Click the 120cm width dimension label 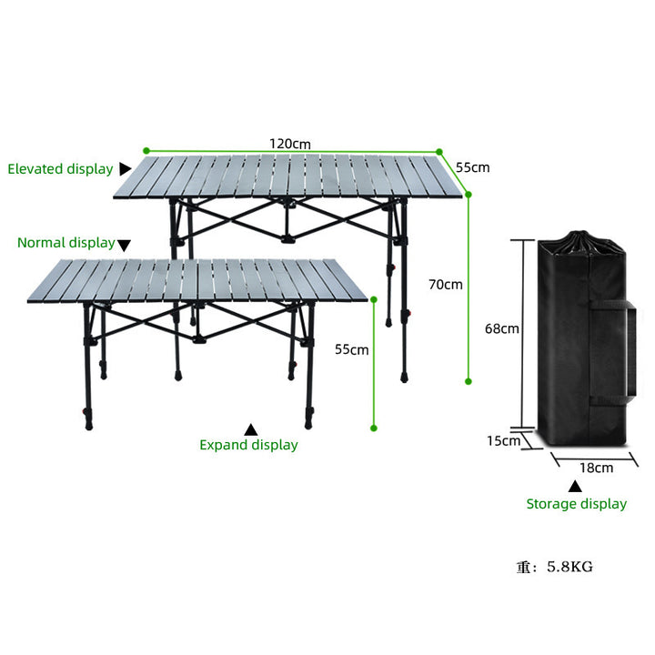coord(290,144)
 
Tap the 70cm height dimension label coord(445,285)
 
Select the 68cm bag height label coord(501,328)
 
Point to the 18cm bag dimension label coord(596,468)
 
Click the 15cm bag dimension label coord(503,440)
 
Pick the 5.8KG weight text coord(569,567)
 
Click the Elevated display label coord(60,169)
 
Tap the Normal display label coord(66,243)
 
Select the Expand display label coord(248,445)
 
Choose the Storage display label coord(577,504)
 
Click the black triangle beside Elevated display coord(125,169)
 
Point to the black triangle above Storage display coord(575,487)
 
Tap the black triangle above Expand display coord(251,429)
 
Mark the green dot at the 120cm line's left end coord(146,150)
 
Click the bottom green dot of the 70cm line coord(469,381)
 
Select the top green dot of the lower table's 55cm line coord(374,299)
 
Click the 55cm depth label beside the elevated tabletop coord(472,167)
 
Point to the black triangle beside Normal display coord(124,246)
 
